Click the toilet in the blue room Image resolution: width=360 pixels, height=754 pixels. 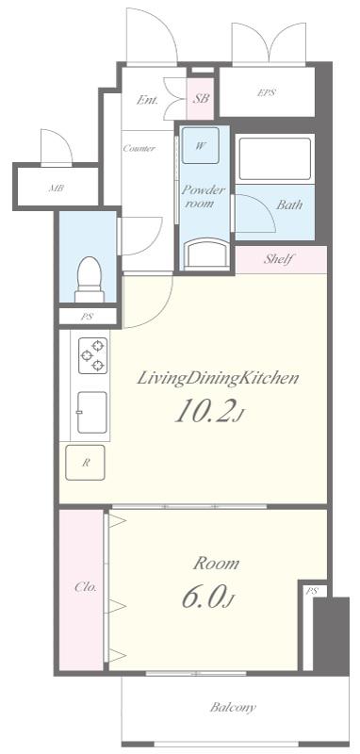pyautogui.click(x=90, y=279)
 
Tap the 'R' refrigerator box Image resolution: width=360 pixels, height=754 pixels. pyautogui.click(x=85, y=463)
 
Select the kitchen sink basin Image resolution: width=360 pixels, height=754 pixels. pyautogui.click(x=91, y=412)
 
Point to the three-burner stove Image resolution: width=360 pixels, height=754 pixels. pyautogui.click(x=92, y=355)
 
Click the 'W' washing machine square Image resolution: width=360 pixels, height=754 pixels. pyautogui.click(x=201, y=145)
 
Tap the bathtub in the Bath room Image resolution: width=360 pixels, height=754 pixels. pyautogui.click(x=274, y=158)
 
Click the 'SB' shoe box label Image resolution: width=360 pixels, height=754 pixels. pyautogui.click(x=202, y=99)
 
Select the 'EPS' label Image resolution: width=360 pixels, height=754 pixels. pyautogui.click(x=267, y=92)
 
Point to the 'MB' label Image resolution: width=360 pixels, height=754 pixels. pyautogui.click(x=56, y=188)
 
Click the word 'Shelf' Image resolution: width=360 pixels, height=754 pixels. pyautogui.click(x=278, y=259)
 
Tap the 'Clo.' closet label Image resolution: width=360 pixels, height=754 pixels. pyautogui.click(x=86, y=586)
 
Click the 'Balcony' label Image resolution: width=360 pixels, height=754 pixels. pyautogui.click(x=233, y=707)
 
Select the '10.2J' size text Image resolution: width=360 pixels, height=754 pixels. pyautogui.click(x=210, y=411)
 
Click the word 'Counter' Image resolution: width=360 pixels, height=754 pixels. pyautogui.click(x=139, y=148)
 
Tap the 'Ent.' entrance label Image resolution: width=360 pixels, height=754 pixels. pyautogui.click(x=148, y=100)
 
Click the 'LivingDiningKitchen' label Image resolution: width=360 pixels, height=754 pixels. pyautogui.click(x=218, y=379)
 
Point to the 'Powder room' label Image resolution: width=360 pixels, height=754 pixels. pyautogui.click(x=203, y=196)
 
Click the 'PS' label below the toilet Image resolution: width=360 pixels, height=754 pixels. pyautogui.click(x=87, y=317)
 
